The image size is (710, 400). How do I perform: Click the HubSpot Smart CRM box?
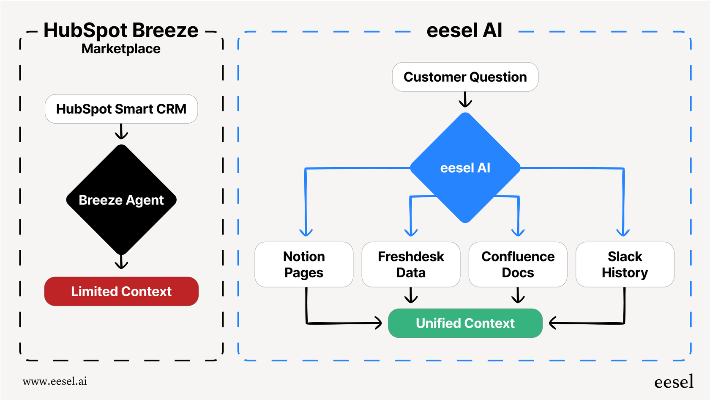pos(121,109)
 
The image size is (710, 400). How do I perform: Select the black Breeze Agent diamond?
pos(121,199)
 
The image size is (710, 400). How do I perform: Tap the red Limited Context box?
pos(121,291)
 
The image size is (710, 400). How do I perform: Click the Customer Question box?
pos(465,77)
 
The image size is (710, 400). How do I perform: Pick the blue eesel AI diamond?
pos(465,168)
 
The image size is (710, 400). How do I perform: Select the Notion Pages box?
pos(304,265)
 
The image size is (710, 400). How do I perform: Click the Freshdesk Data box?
pos(411,265)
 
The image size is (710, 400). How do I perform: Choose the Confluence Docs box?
pos(518,265)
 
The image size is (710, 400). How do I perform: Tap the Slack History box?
pos(625,265)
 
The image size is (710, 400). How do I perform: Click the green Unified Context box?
pos(465,323)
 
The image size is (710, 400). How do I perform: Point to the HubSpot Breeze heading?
pos(121,30)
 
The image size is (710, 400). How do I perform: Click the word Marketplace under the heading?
pos(121,49)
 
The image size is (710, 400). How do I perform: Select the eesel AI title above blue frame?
pos(464,30)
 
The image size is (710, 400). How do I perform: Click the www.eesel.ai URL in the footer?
pos(55,381)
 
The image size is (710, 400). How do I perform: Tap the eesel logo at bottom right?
pos(674,382)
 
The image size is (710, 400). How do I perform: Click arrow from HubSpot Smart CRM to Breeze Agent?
pos(121,132)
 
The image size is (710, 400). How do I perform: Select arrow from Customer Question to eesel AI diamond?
pos(465,100)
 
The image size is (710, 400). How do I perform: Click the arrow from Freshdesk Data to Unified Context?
pos(411,296)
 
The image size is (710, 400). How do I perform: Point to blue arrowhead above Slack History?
pos(623,231)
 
